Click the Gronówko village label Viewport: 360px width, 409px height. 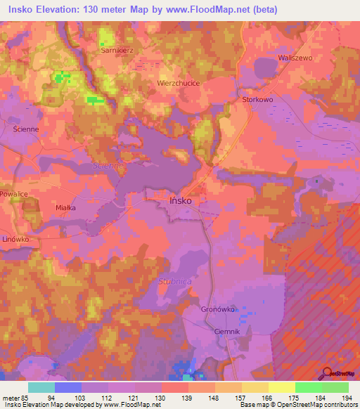pos(218,309)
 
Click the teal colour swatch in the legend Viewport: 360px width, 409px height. pos(41,387)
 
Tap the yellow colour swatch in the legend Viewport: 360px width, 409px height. pos(282,387)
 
